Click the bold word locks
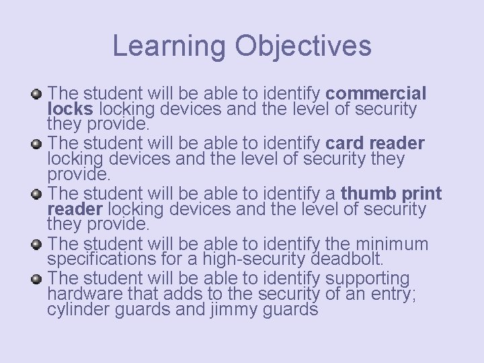click(x=71, y=108)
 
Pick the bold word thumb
click(x=371, y=194)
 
